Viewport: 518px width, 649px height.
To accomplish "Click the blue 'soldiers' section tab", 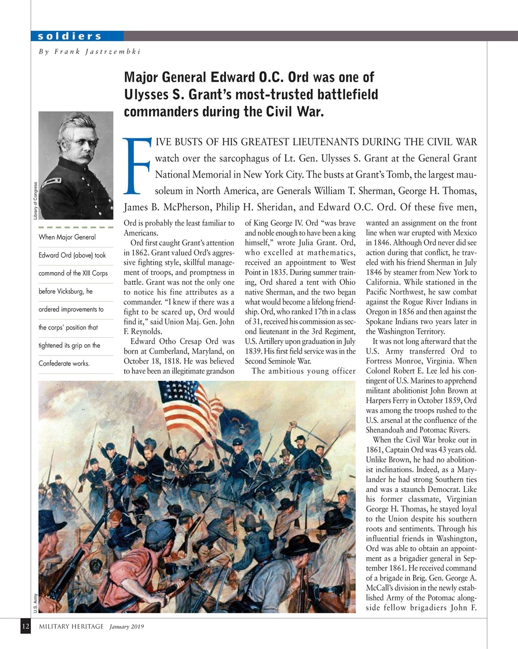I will point(70,36).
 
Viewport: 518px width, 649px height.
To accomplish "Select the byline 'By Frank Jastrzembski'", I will point(89,51).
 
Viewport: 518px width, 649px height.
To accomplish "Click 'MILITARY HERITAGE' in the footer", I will point(71,627).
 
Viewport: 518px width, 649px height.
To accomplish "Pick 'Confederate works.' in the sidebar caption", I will point(64,364).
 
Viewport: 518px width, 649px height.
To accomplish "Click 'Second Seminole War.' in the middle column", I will point(277,361).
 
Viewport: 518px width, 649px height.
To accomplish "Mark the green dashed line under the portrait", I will point(76,227).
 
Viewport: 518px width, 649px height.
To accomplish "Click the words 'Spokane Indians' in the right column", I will point(392,321).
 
